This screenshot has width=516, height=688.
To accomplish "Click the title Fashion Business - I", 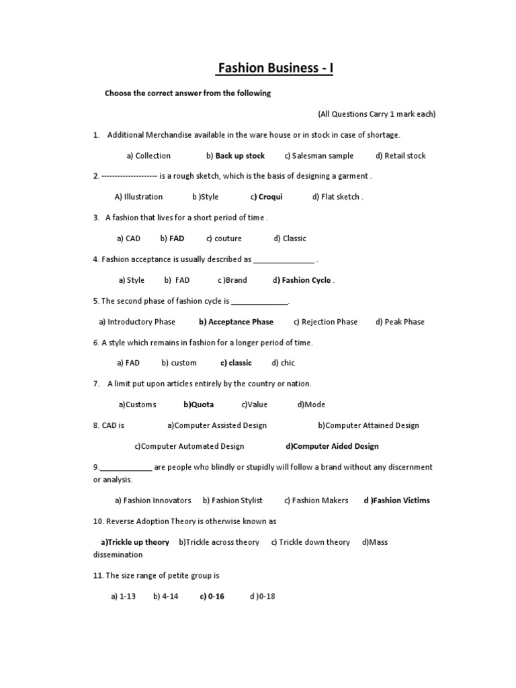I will [274, 69].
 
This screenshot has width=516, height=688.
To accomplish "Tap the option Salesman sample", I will [318, 156].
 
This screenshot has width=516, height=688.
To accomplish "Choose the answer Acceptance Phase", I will [236, 322].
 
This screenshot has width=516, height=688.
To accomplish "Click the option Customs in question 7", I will [138, 404].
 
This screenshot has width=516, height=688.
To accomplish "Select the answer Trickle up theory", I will [135, 542].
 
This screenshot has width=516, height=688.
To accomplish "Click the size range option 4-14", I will [165, 596].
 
